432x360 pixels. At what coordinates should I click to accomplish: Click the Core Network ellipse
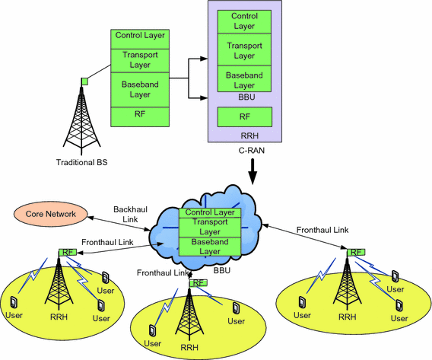point(51,215)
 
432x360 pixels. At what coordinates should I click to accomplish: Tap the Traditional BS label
point(81,161)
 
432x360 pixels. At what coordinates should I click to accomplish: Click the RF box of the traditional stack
point(139,116)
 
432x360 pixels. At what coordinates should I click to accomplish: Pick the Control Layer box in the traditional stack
point(139,36)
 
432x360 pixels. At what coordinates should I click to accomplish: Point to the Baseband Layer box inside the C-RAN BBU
point(245,78)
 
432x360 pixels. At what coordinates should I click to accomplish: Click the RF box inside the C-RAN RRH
point(245,117)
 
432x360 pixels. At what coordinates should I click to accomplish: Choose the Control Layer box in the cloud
point(210,212)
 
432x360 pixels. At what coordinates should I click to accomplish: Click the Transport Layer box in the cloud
point(210,227)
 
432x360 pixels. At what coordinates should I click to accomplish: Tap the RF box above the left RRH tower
point(68,253)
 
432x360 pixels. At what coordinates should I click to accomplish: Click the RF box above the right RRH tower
point(355,253)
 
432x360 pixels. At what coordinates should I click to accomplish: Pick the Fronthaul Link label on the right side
point(323,229)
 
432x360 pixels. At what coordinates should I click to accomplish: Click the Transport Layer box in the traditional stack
point(139,59)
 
